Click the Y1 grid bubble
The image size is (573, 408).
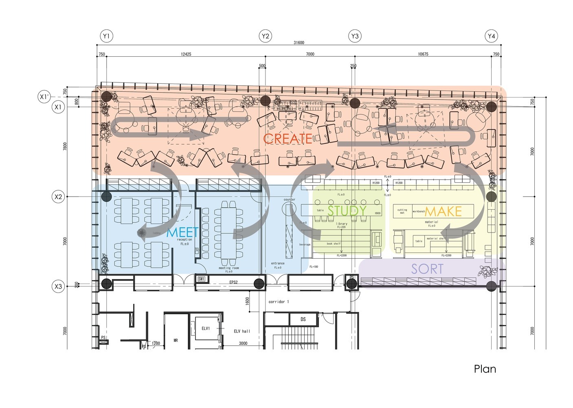[x=106, y=36]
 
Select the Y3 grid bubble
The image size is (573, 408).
[x=355, y=36]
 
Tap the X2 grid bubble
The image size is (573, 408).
[x=59, y=197]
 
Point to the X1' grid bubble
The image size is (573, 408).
[x=44, y=97]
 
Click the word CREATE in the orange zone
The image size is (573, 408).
[x=288, y=139]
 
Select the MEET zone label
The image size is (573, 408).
[x=183, y=232]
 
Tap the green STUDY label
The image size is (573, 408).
[x=347, y=211]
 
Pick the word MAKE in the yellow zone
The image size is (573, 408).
[x=443, y=211]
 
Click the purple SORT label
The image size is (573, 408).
[x=427, y=269]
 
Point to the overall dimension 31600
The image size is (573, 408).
[x=299, y=43]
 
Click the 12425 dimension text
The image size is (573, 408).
[x=186, y=54]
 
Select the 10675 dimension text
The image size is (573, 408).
[x=423, y=54]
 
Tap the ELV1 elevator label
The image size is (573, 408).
[x=206, y=328]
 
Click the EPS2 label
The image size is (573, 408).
[x=233, y=282]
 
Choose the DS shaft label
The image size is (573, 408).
[x=303, y=319]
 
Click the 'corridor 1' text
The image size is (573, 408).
[x=279, y=302]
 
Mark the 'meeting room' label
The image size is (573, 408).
[x=229, y=268]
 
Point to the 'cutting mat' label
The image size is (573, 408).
[x=402, y=211]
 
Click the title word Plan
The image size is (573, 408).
[x=485, y=369]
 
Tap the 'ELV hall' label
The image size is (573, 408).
[x=242, y=331]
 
